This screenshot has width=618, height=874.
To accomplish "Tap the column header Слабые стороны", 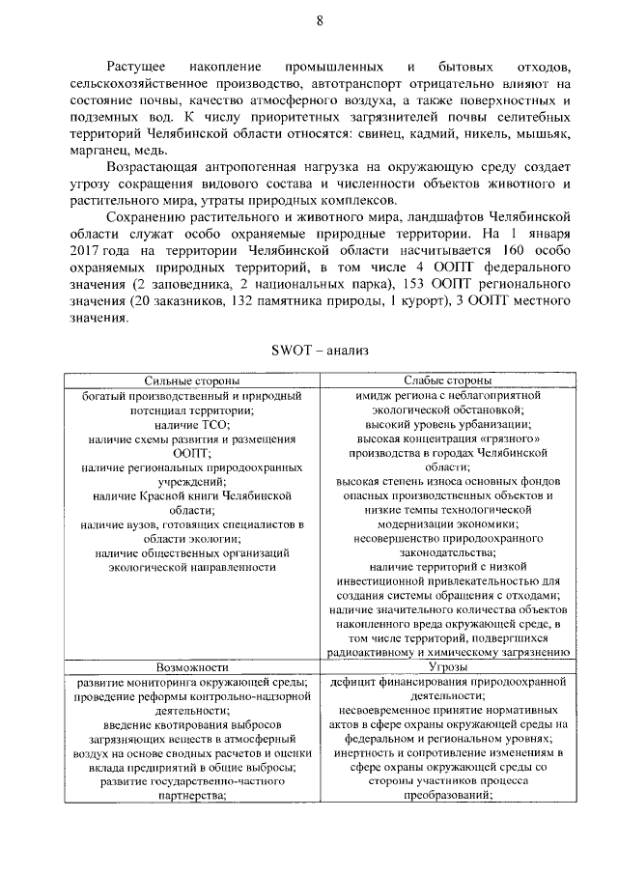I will tap(445, 382).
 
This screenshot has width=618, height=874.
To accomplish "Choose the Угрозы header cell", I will tap(445, 666).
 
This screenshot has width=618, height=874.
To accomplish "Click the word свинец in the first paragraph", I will tap(377, 134).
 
